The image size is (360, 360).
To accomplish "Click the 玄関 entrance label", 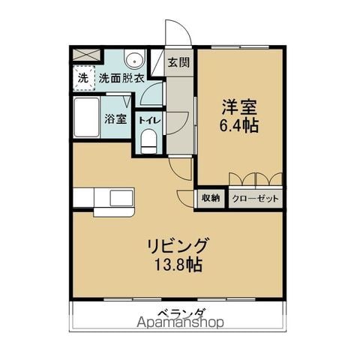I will pos(178,62).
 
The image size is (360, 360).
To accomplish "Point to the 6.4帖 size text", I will pos(240,126).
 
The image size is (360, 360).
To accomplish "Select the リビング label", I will pos(178,246).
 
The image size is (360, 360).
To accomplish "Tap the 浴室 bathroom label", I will pos(115,118).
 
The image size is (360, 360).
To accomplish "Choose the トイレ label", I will pos(148,118).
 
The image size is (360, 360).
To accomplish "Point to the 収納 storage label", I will pos(210,198).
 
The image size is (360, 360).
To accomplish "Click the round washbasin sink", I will pos(135,60).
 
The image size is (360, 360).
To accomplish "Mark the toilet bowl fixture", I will pos(148,139).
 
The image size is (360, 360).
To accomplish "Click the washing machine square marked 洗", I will pos(82,77).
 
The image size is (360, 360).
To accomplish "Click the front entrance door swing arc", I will pos(176,34).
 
